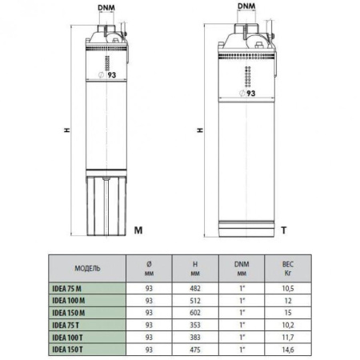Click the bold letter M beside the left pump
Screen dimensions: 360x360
coord(138,230)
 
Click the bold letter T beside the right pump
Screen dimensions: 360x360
coord(283,230)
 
